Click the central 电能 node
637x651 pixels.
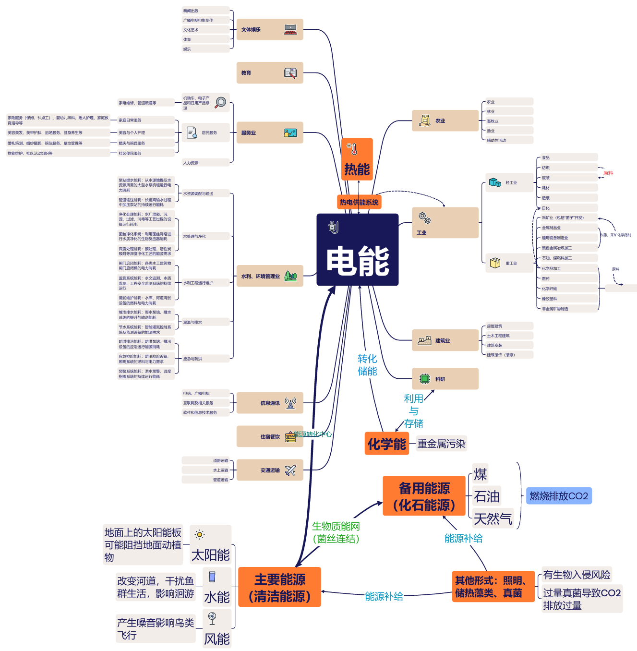(x=358, y=250)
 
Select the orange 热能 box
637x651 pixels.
(x=357, y=159)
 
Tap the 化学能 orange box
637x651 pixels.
(x=387, y=444)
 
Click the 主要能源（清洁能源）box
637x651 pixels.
(x=279, y=587)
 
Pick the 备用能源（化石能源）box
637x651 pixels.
(x=424, y=496)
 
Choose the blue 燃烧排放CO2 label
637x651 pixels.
(x=559, y=496)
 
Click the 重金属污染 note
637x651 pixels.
(x=441, y=444)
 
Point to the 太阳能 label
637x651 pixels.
(x=211, y=555)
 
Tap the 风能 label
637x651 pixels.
(x=217, y=639)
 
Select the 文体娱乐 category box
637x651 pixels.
(x=270, y=30)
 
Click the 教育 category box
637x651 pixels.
(x=270, y=73)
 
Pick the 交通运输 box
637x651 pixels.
(x=270, y=470)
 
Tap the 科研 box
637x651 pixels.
(x=445, y=379)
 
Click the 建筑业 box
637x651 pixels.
(x=445, y=340)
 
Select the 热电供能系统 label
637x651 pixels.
(x=359, y=202)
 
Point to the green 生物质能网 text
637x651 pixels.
(x=336, y=527)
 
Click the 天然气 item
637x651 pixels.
(x=493, y=518)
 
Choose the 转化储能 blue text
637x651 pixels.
(x=367, y=365)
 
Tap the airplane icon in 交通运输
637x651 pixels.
(x=290, y=470)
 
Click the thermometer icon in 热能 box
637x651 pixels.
(x=353, y=149)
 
